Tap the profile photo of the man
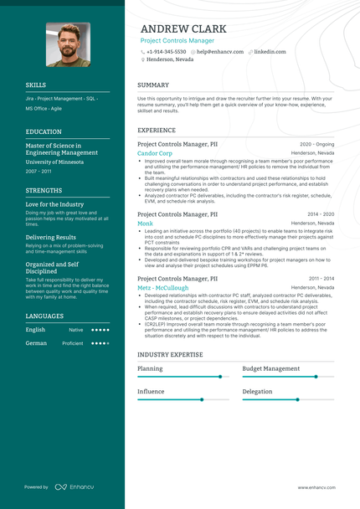click(x=68, y=44)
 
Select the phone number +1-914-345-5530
click(x=166, y=51)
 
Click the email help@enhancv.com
click(x=219, y=51)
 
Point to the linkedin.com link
click(x=270, y=51)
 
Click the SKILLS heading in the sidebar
click(x=36, y=85)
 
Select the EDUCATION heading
click(x=44, y=131)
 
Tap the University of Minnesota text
click(x=54, y=162)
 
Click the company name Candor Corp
click(x=155, y=153)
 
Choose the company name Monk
click(x=145, y=224)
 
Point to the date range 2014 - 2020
click(x=321, y=214)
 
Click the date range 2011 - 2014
click(x=321, y=278)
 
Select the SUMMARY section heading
click(x=153, y=85)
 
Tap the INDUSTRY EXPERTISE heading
click(x=170, y=355)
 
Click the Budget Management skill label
click(x=270, y=368)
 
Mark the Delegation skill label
click(x=257, y=391)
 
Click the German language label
click(x=36, y=343)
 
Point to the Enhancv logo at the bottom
click(x=74, y=486)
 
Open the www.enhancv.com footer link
click(x=316, y=487)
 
